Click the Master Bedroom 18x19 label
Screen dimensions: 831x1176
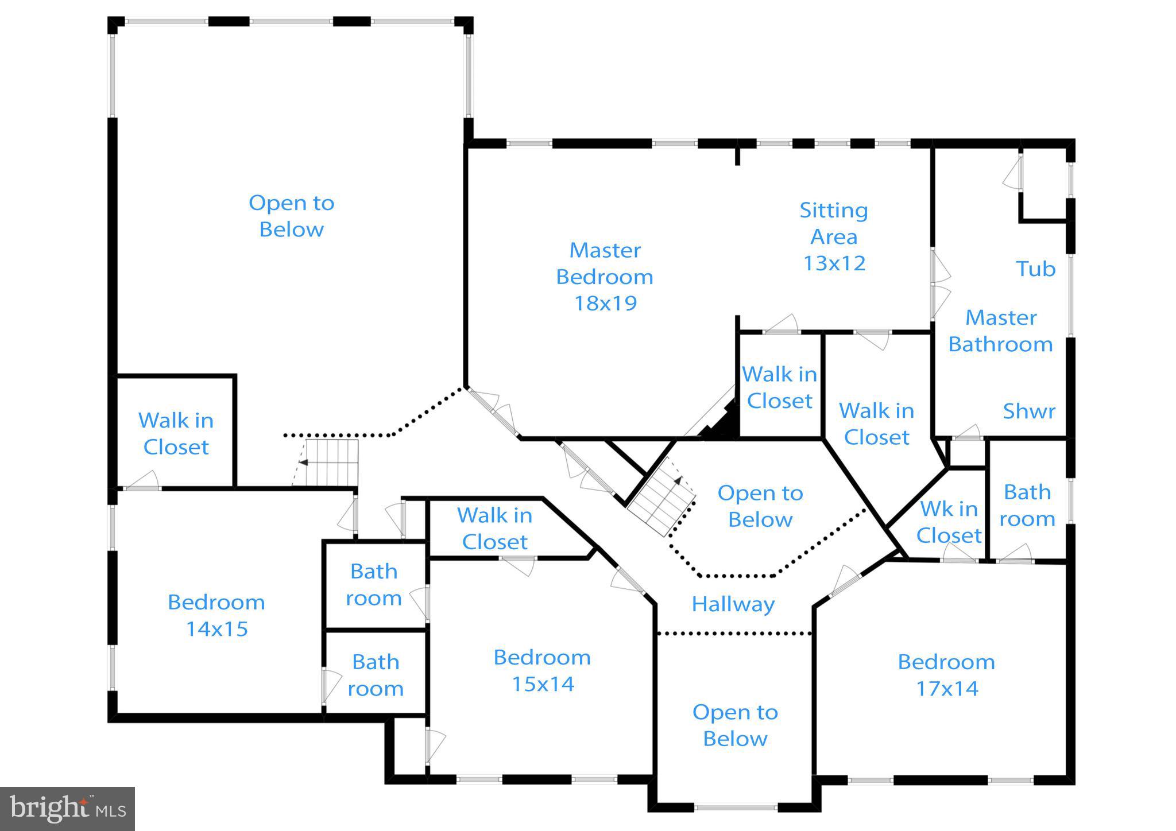[605, 277]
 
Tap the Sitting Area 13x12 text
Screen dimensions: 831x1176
[834, 236]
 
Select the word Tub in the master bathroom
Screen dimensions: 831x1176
[1035, 269]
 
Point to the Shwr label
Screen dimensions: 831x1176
[1028, 411]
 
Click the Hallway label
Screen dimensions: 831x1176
[733, 604]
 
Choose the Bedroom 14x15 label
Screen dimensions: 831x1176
[216, 615]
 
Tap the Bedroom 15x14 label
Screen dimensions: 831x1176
[542, 670]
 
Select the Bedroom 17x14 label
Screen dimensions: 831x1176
[946, 674]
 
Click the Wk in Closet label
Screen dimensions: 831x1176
[949, 522]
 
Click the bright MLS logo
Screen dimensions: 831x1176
[68, 809]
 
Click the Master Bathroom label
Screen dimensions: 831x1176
[1000, 331]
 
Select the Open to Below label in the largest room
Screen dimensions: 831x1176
[291, 216]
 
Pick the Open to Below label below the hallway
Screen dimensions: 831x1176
[735, 725]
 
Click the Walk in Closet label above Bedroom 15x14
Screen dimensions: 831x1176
[494, 528]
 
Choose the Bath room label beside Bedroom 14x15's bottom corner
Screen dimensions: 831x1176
[376, 675]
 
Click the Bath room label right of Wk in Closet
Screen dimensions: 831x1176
[1027, 505]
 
